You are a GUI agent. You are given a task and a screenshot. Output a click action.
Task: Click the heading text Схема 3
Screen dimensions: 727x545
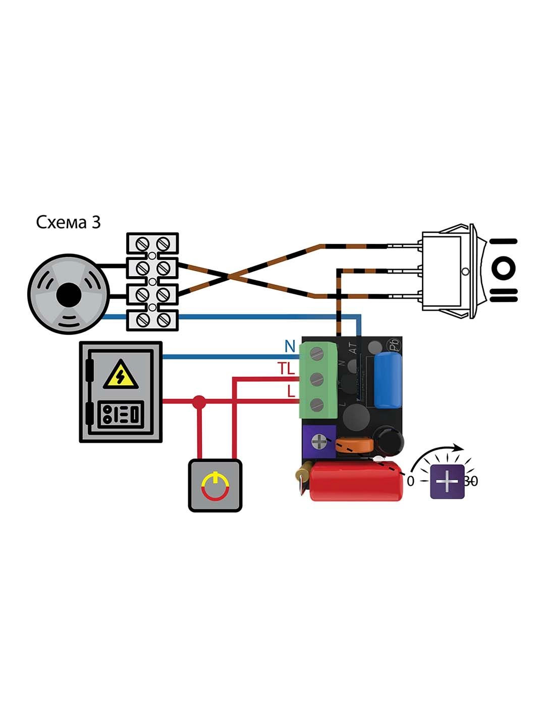tap(68, 223)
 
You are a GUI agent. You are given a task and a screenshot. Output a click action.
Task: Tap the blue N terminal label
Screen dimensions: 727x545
tap(289, 346)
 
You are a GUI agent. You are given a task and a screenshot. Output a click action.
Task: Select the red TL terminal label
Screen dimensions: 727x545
tap(286, 370)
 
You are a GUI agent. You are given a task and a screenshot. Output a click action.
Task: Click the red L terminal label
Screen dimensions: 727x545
tap(291, 391)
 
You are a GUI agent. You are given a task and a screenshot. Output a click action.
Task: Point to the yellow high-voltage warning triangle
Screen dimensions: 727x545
tap(121, 376)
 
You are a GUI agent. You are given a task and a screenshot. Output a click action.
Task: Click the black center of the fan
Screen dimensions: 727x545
tap(67, 296)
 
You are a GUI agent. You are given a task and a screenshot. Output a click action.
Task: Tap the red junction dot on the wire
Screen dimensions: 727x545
tap(200, 402)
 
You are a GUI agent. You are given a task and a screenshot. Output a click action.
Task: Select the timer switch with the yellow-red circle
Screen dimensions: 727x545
tap(215, 485)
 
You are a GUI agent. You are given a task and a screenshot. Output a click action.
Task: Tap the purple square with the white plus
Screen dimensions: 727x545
tap(447, 482)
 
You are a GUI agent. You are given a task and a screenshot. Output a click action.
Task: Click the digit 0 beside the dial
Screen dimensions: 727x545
tap(410, 481)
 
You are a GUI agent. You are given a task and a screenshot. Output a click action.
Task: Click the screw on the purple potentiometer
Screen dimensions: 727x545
tap(319, 442)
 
